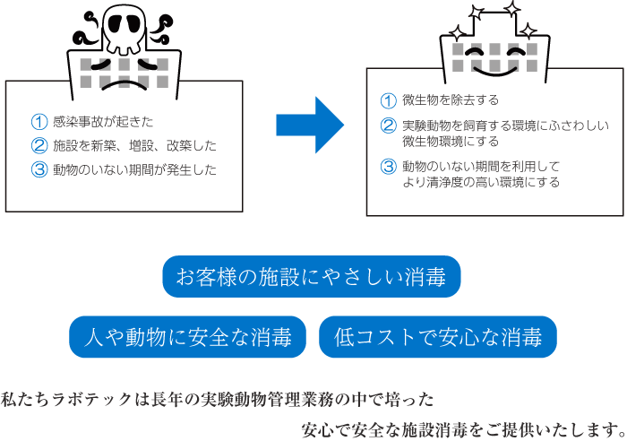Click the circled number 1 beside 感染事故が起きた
(39, 121)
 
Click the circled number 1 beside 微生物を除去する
(388, 100)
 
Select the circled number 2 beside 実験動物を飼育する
(388, 125)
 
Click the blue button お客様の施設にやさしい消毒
(311, 278)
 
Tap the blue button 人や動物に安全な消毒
(187, 338)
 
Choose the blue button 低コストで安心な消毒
(437, 338)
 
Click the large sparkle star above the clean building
(511, 11)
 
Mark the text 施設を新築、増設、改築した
(134, 145)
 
